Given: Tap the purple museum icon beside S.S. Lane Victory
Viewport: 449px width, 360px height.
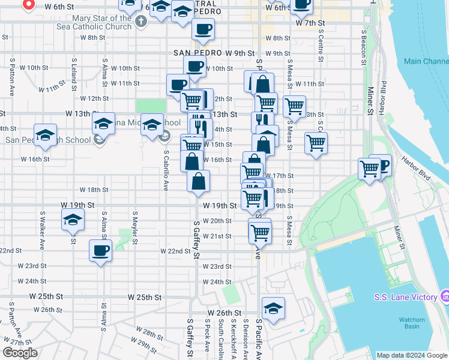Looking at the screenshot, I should click(444, 296).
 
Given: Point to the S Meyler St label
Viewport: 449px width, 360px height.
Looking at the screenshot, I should click(135, 223).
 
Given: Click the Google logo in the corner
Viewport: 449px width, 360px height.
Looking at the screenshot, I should click(20, 353).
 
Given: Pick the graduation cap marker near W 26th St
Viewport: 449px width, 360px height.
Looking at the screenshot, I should click(273, 308).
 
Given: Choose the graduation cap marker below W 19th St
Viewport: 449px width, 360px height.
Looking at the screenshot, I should click(73, 220).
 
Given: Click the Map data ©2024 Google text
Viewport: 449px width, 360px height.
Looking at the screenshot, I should click(412, 355).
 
